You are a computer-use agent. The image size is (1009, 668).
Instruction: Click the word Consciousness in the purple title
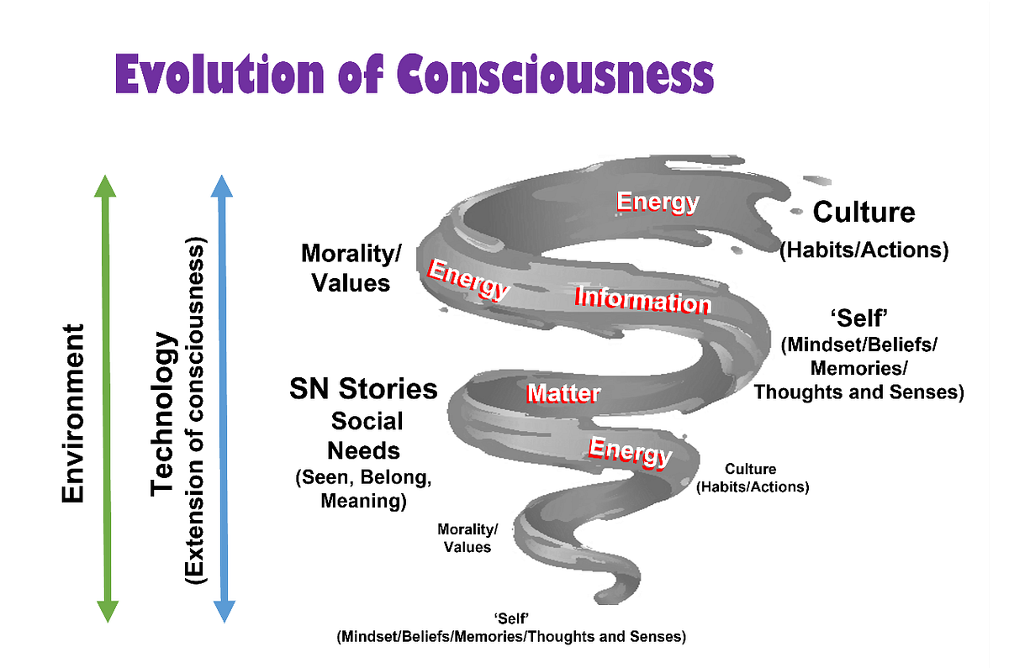[x=555, y=75]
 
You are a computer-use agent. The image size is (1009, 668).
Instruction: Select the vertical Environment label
[x=73, y=413]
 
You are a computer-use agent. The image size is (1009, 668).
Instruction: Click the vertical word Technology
[x=165, y=413]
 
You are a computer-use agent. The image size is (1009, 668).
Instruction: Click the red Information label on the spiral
[x=642, y=299]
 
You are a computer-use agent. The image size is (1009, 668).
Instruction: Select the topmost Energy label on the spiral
[x=658, y=202]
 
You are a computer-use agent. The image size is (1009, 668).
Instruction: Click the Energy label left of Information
[x=468, y=278]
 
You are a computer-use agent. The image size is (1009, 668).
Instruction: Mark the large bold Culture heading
[x=864, y=213]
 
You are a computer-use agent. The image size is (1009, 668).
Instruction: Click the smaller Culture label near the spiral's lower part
[x=751, y=469]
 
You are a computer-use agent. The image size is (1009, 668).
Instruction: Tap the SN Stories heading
[x=363, y=389]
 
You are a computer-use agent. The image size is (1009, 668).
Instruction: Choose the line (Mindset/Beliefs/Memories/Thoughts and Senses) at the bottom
[x=511, y=636]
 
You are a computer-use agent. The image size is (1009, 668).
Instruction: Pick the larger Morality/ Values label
[x=351, y=268]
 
